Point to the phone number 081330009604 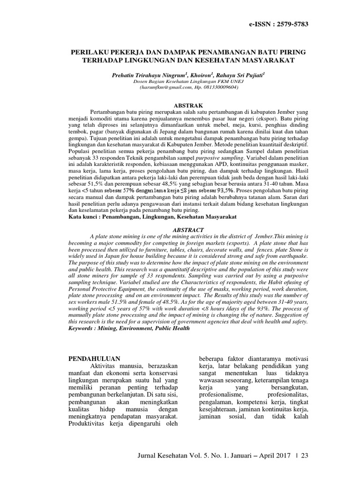220,87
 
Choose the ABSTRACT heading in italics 189,230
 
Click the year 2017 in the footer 282,456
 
